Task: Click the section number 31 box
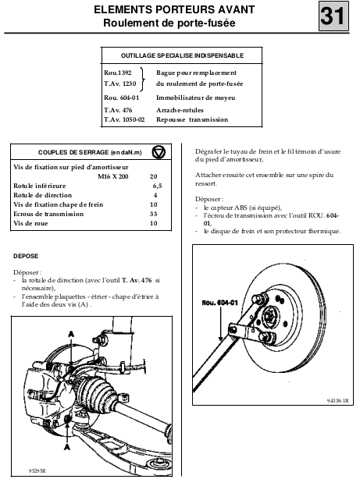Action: (x=333, y=16)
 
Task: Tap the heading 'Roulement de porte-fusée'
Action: (x=169, y=23)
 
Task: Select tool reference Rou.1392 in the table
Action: (x=118, y=73)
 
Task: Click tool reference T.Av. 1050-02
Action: (x=124, y=119)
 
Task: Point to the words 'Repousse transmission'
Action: (x=192, y=120)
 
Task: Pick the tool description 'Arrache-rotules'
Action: (x=180, y=110)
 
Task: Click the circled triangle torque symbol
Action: (x=159, y=152)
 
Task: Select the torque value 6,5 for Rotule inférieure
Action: (x=157, y=186)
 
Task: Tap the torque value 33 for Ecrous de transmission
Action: (x=154, y=214)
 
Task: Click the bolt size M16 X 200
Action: (x=113, y=176)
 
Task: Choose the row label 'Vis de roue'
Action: (x=30, y=223)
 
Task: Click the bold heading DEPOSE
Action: (x=26, y=256)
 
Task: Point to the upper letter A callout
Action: (x=71, y=334)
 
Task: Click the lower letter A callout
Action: (x=67, y=446)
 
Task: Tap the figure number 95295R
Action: (x=37, y=471)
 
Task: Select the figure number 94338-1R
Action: (x=337, y=401)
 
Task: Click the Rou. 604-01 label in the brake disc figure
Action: (x=219, y=303)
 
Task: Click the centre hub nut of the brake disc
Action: (x=269, y=315)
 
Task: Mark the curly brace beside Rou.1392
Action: (x=142, y=80)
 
